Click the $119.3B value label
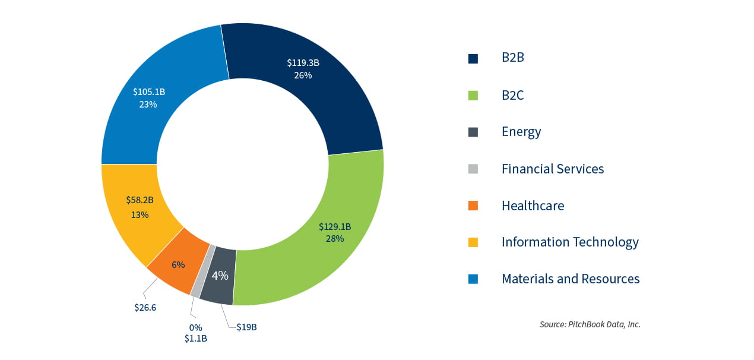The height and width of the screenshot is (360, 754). tap(302, 62)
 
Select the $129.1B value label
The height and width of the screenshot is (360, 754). tap(335, 226)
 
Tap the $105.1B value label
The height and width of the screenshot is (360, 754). tap(148, 92)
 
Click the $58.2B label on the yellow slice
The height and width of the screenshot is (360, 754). tap(140, 200)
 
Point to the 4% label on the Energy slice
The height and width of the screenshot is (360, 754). tap(220, 276)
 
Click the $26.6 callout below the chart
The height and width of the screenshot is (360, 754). tap(145, 307)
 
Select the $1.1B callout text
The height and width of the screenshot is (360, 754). tap(196, 339)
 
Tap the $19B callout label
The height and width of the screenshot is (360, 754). tap(246, 327)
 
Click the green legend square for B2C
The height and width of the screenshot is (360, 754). tap(473, 95)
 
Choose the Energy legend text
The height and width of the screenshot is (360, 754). tap(521, 132)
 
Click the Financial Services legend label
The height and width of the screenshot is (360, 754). tap(552, 169)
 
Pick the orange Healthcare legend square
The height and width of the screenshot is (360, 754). tap(473, 206)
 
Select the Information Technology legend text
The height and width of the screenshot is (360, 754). tap(570, 242)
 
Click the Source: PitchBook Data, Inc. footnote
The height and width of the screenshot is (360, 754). tap(590, 324)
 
